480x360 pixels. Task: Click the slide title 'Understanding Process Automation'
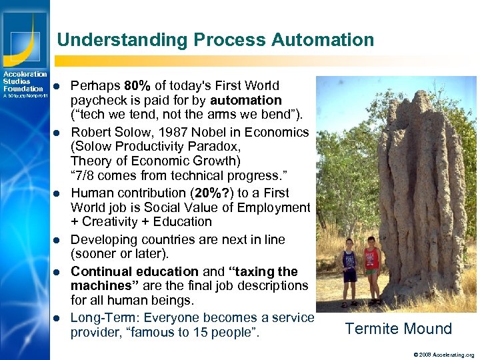pyautogui.click(x=215, y=39)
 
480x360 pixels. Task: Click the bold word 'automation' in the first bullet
pyautogui.click(x=246, y=101)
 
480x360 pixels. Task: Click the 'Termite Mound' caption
pyautogui.click(x=398, y=329)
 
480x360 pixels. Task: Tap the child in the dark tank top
pyautogui.click(x=349, y=270)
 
